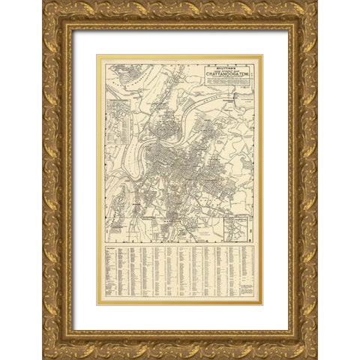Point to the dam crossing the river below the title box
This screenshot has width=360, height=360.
233,97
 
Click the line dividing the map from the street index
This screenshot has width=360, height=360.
180,243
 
